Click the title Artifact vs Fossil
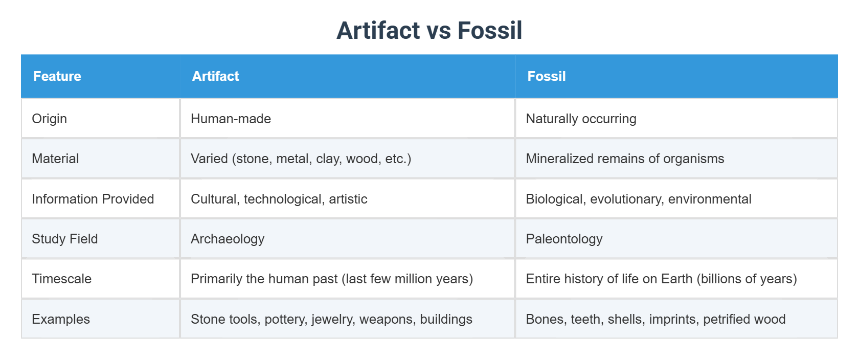(x=429, y=31)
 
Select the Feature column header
(x=57, y=76)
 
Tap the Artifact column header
(x=215, y=76)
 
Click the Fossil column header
(x=546, y=76)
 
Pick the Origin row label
(x=49, y=119)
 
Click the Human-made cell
(x=231, y=119)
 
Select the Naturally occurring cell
(x=581, y=119)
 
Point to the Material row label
(x=55, y=159)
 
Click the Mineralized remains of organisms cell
(x=625, y=159)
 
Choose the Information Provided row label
(x=93, y=199)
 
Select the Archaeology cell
(x=228, y=239)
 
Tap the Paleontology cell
(x=564, y=239)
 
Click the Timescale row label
(x=61, y=279)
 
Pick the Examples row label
(x=61, y=319)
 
